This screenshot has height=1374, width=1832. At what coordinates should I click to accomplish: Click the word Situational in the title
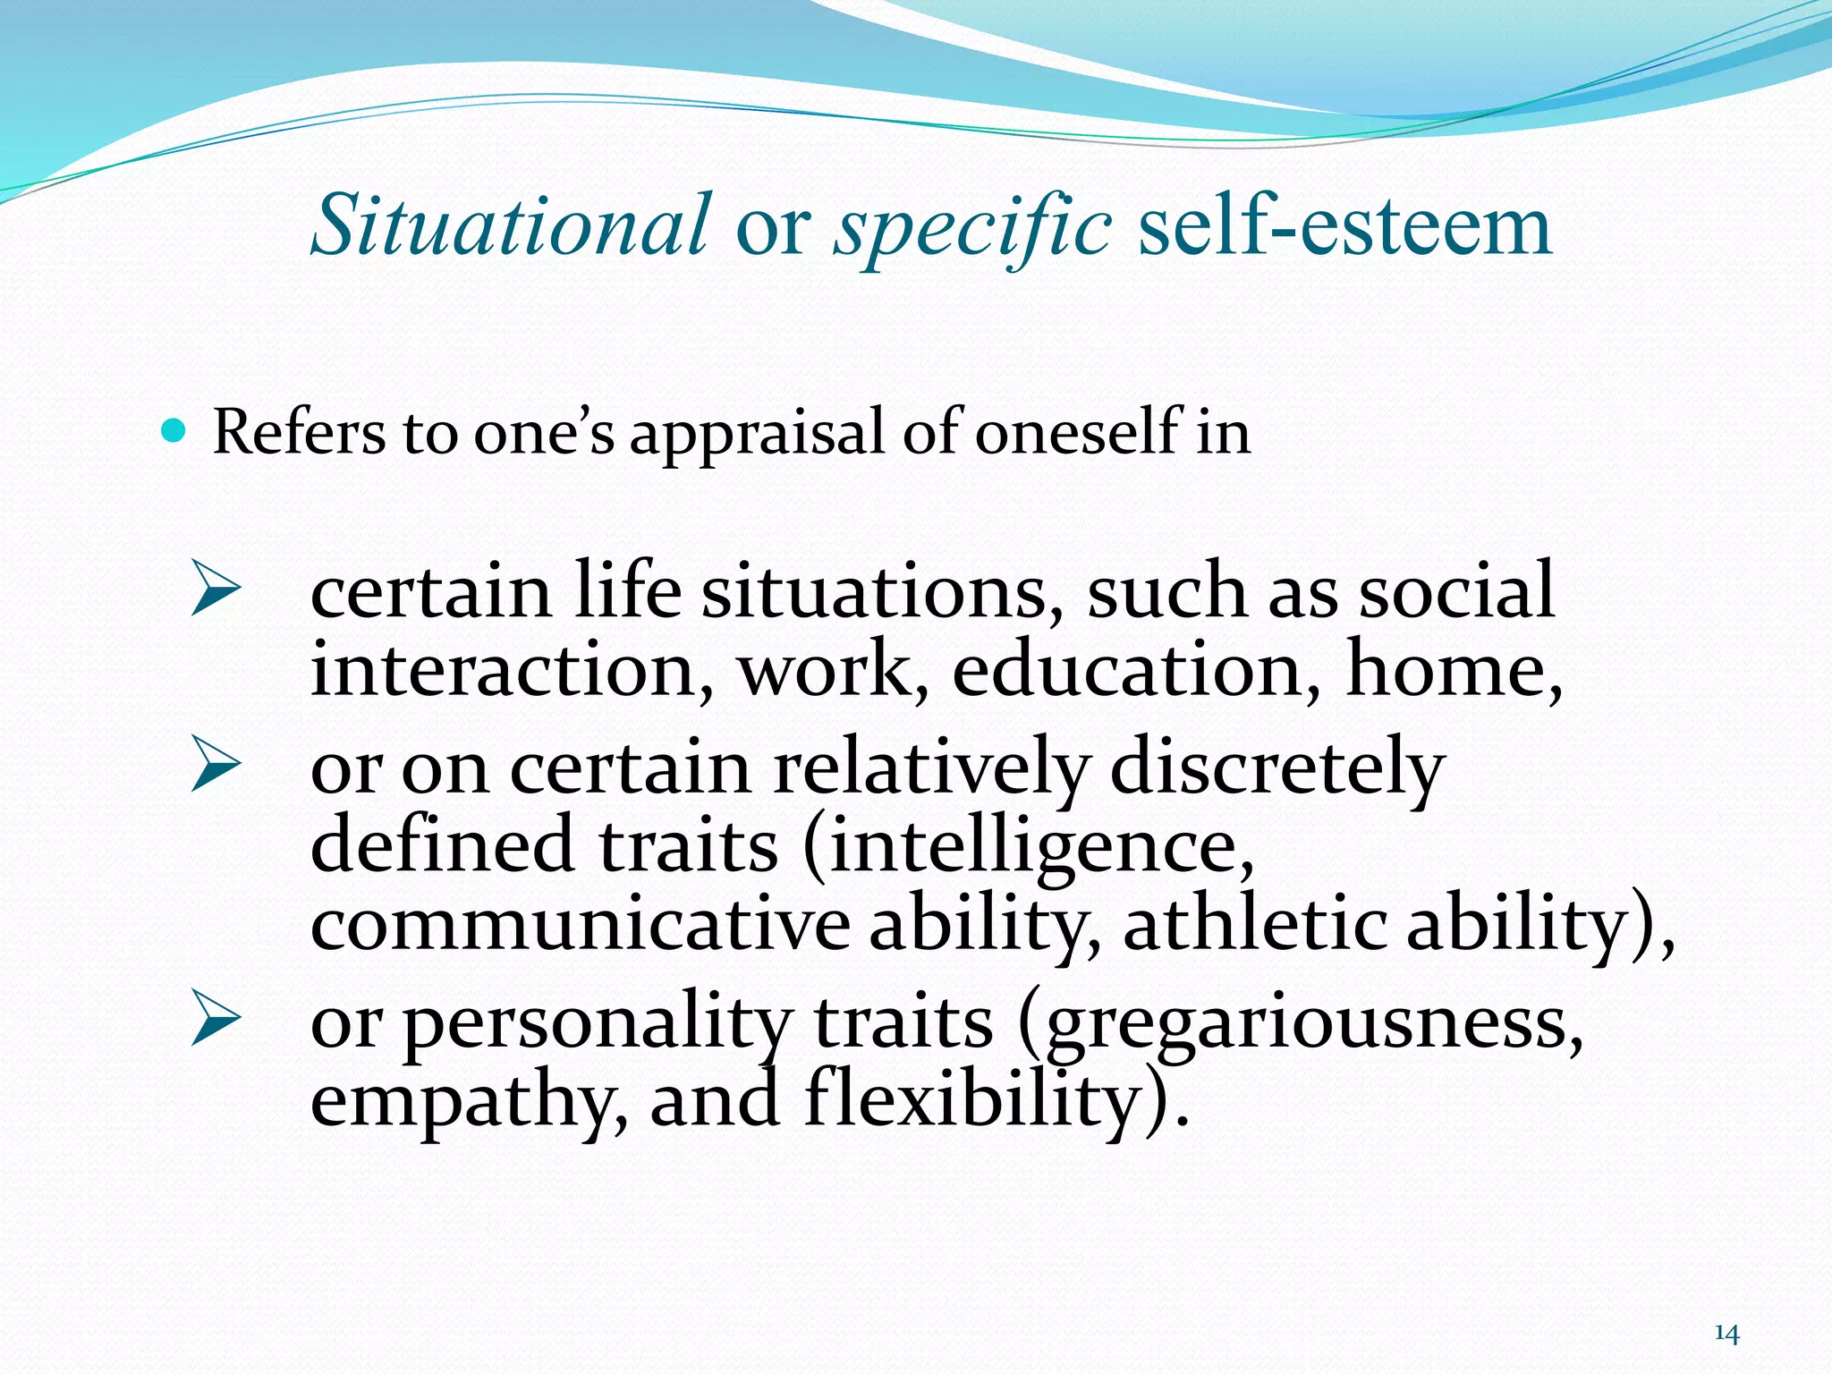click(x=511, y=225)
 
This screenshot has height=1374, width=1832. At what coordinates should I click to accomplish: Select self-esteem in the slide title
click(x=1344, y=226)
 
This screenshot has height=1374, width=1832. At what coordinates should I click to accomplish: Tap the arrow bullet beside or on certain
click(x=216, y=766)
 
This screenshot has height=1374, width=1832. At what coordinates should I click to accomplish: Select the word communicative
click(x=580, y=925)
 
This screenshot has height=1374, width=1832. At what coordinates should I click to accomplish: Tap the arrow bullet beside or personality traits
click(x=216, y=1021)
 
